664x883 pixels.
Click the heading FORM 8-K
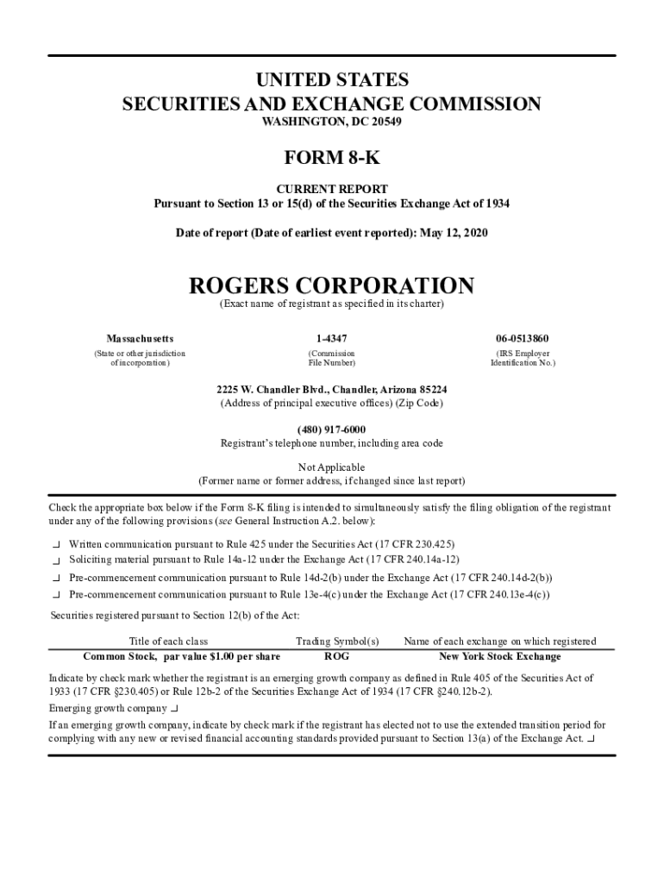(x=331, y=160)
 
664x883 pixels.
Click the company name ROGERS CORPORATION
(x=331, y=285)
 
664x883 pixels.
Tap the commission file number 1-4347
(x=331, y=339)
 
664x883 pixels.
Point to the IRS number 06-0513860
(x=523, y=339)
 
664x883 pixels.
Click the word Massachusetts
(x=140, y=339)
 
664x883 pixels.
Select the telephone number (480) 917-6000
(x=331, y=429)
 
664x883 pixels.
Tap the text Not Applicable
(x=331, y=467)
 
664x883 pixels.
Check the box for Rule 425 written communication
(x=56, y=545)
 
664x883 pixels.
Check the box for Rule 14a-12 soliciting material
(x=56, y=560)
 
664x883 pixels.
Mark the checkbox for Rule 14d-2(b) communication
(x=56, y=579)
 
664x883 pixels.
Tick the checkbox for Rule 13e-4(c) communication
(x=56, y=595)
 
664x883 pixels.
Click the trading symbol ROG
(x=336, y=657)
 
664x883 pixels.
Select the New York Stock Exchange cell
(x=499, y=657)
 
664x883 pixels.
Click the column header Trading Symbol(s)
(x=337, y=642)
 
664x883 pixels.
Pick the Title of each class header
(x=168, y=642)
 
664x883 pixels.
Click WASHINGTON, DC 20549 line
(x=331, y=122)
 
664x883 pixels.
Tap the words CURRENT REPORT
(x=331, y=189)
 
